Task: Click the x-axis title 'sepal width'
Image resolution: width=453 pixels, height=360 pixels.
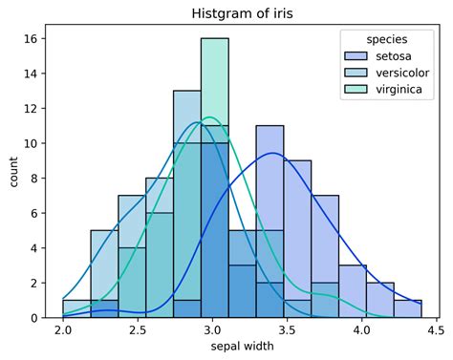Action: [241, 348]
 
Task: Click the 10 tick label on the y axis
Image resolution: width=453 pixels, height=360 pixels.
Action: [31, 143]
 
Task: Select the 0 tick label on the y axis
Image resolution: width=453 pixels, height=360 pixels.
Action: [33, 317]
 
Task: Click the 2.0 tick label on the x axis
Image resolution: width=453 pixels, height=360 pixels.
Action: [63, 330]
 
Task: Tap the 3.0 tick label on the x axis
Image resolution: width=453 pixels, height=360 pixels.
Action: [212, 330]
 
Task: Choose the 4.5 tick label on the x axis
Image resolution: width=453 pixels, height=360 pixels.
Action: [436, 330]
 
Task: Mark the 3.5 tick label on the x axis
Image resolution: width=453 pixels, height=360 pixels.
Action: [287, 330]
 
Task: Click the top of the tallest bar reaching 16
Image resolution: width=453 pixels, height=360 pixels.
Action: [215, 40]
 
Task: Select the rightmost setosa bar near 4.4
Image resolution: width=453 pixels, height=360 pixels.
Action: [408, 308]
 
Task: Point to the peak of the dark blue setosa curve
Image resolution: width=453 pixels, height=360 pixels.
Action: [273, 153]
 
